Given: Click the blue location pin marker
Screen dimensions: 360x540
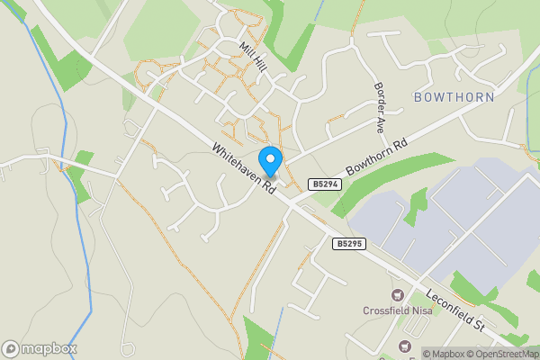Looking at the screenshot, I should pos(270,160).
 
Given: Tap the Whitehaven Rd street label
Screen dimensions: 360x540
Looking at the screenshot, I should pos(244,169).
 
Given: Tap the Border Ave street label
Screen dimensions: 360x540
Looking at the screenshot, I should pos(379,106).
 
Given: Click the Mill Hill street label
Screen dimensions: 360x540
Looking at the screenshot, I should pos(253,55).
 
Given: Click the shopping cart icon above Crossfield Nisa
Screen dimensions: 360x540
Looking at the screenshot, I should pos(397,294).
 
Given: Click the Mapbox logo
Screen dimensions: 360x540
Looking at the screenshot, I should pos(40,348).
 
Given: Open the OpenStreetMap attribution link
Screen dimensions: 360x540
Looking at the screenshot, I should pos(500,354).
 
